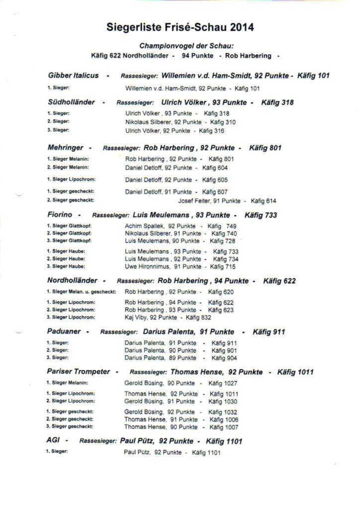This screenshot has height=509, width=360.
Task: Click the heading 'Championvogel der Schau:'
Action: [x=180, y=45]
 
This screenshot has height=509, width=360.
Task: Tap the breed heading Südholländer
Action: [x=71, y=102]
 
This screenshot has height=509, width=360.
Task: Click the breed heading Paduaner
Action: [x=64, y=332]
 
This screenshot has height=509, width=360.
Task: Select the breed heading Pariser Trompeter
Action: [x=78, y=371]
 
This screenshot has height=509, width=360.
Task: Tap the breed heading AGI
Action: [x=53, y=440]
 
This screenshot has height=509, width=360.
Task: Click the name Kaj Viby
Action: [x=136, y=317]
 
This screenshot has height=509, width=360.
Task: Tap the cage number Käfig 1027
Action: [x=223, y=383]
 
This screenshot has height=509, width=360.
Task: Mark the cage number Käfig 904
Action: [x=224, y=357]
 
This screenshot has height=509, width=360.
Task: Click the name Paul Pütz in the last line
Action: [x=137, y=453]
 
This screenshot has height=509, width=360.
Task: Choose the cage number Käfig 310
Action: [x=223, y=122]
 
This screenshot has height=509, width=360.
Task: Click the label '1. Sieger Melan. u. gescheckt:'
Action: [x=81, y=292]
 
